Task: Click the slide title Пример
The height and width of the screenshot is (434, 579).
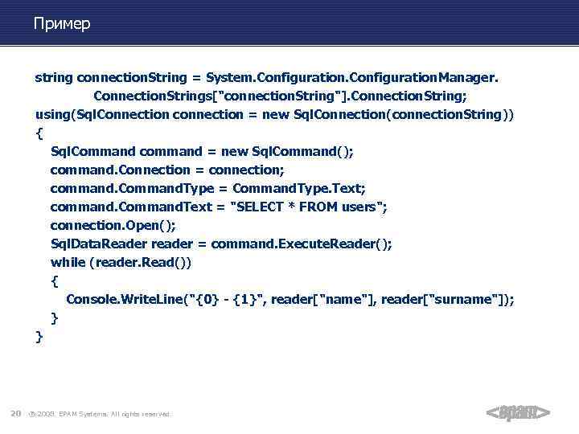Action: (x=62, y=24)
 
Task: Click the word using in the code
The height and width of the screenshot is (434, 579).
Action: (x=53, y=114)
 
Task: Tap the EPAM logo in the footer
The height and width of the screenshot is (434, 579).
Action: (x=518, y=413)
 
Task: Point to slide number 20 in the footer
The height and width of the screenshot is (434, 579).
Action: (x=15, y=414)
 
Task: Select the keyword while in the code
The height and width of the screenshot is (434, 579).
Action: (x=68, y=262)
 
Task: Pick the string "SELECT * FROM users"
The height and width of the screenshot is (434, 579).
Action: (x=308, y=207)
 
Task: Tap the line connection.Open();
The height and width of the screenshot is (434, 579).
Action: (x=113, y=225)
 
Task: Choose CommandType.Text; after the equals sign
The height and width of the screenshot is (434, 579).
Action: (x=299, y=188)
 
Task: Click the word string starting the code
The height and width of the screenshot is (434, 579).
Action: (x=53, y=78)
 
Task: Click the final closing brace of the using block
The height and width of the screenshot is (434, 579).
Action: (x=39, y=336)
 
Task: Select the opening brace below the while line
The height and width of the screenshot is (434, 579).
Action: (x=54, y=280)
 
